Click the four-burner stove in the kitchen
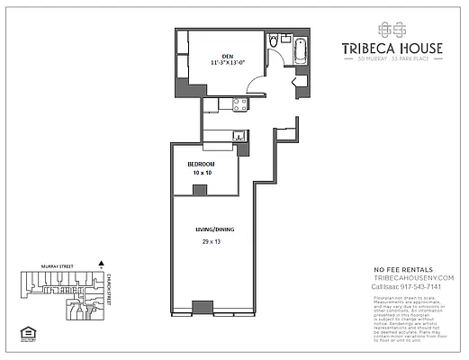[x=240, y=104]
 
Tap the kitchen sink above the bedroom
[x=239, y=137]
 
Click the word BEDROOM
[x=201, y=164]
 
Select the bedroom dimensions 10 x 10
[x=200, y=173]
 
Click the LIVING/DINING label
[x=213, y=230]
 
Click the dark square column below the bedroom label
[x=200, y=190]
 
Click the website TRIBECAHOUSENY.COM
[x=413, y=278]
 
